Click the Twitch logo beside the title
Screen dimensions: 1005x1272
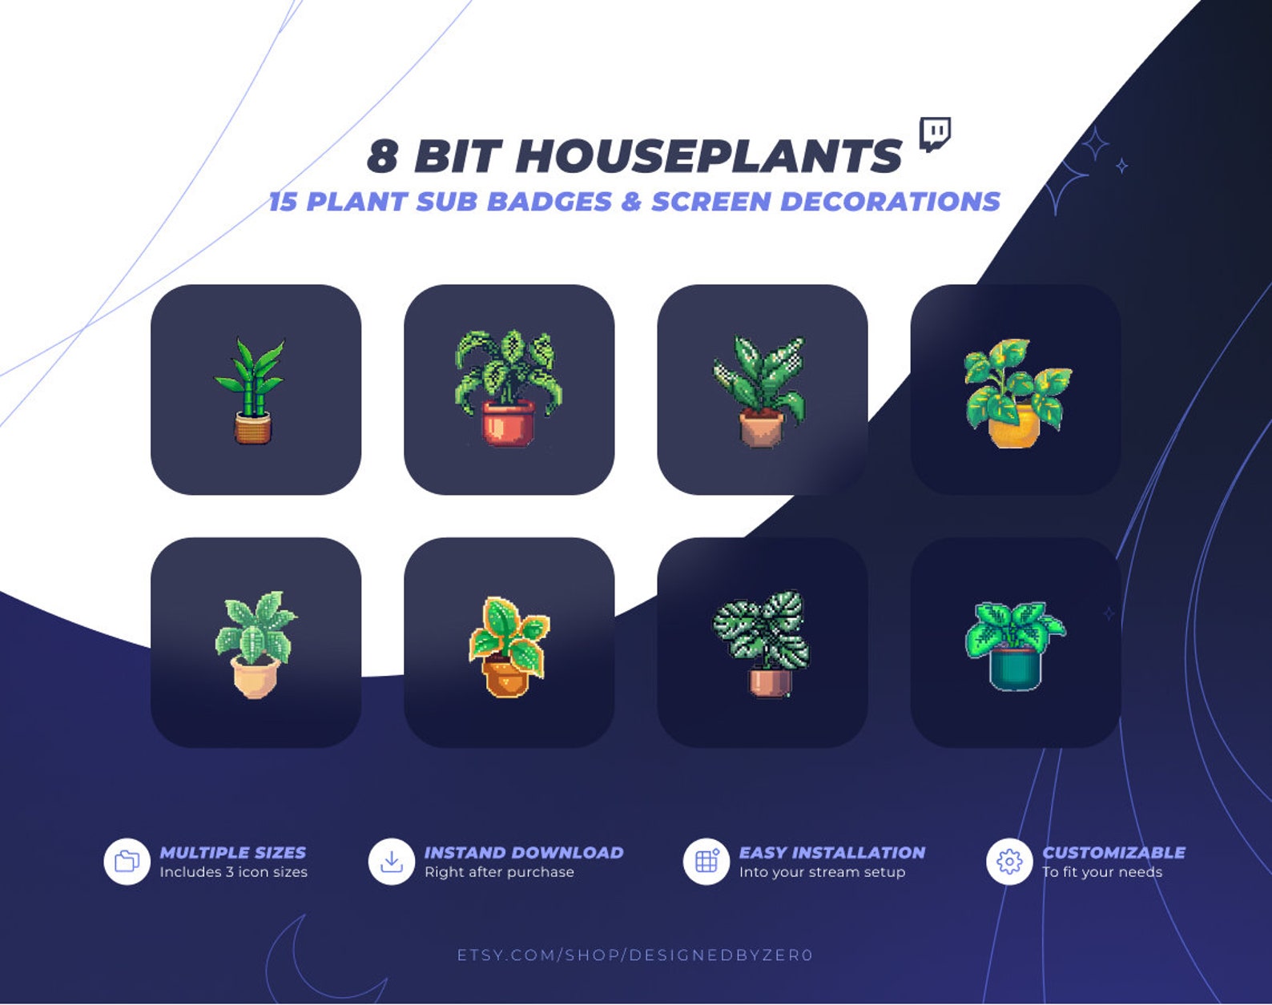point(935,134)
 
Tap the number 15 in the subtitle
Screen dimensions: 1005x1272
point(283,201)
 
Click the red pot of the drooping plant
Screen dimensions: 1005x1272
point(508,422)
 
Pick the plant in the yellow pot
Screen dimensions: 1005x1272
point(1016,392)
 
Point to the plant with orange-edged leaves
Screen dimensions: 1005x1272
point(509,645)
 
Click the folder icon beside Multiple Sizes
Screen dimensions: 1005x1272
point(127,862)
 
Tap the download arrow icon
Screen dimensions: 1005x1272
point(392,862)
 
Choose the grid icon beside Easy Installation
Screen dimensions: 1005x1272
point(706,862)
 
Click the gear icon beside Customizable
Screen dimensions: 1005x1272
point(1009,862)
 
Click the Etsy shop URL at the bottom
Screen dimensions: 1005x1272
point(635,955)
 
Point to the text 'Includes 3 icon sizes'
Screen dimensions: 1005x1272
point(233,872)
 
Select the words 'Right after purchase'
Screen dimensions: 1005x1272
point(499,872)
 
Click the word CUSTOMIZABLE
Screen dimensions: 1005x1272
point(1113,853)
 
